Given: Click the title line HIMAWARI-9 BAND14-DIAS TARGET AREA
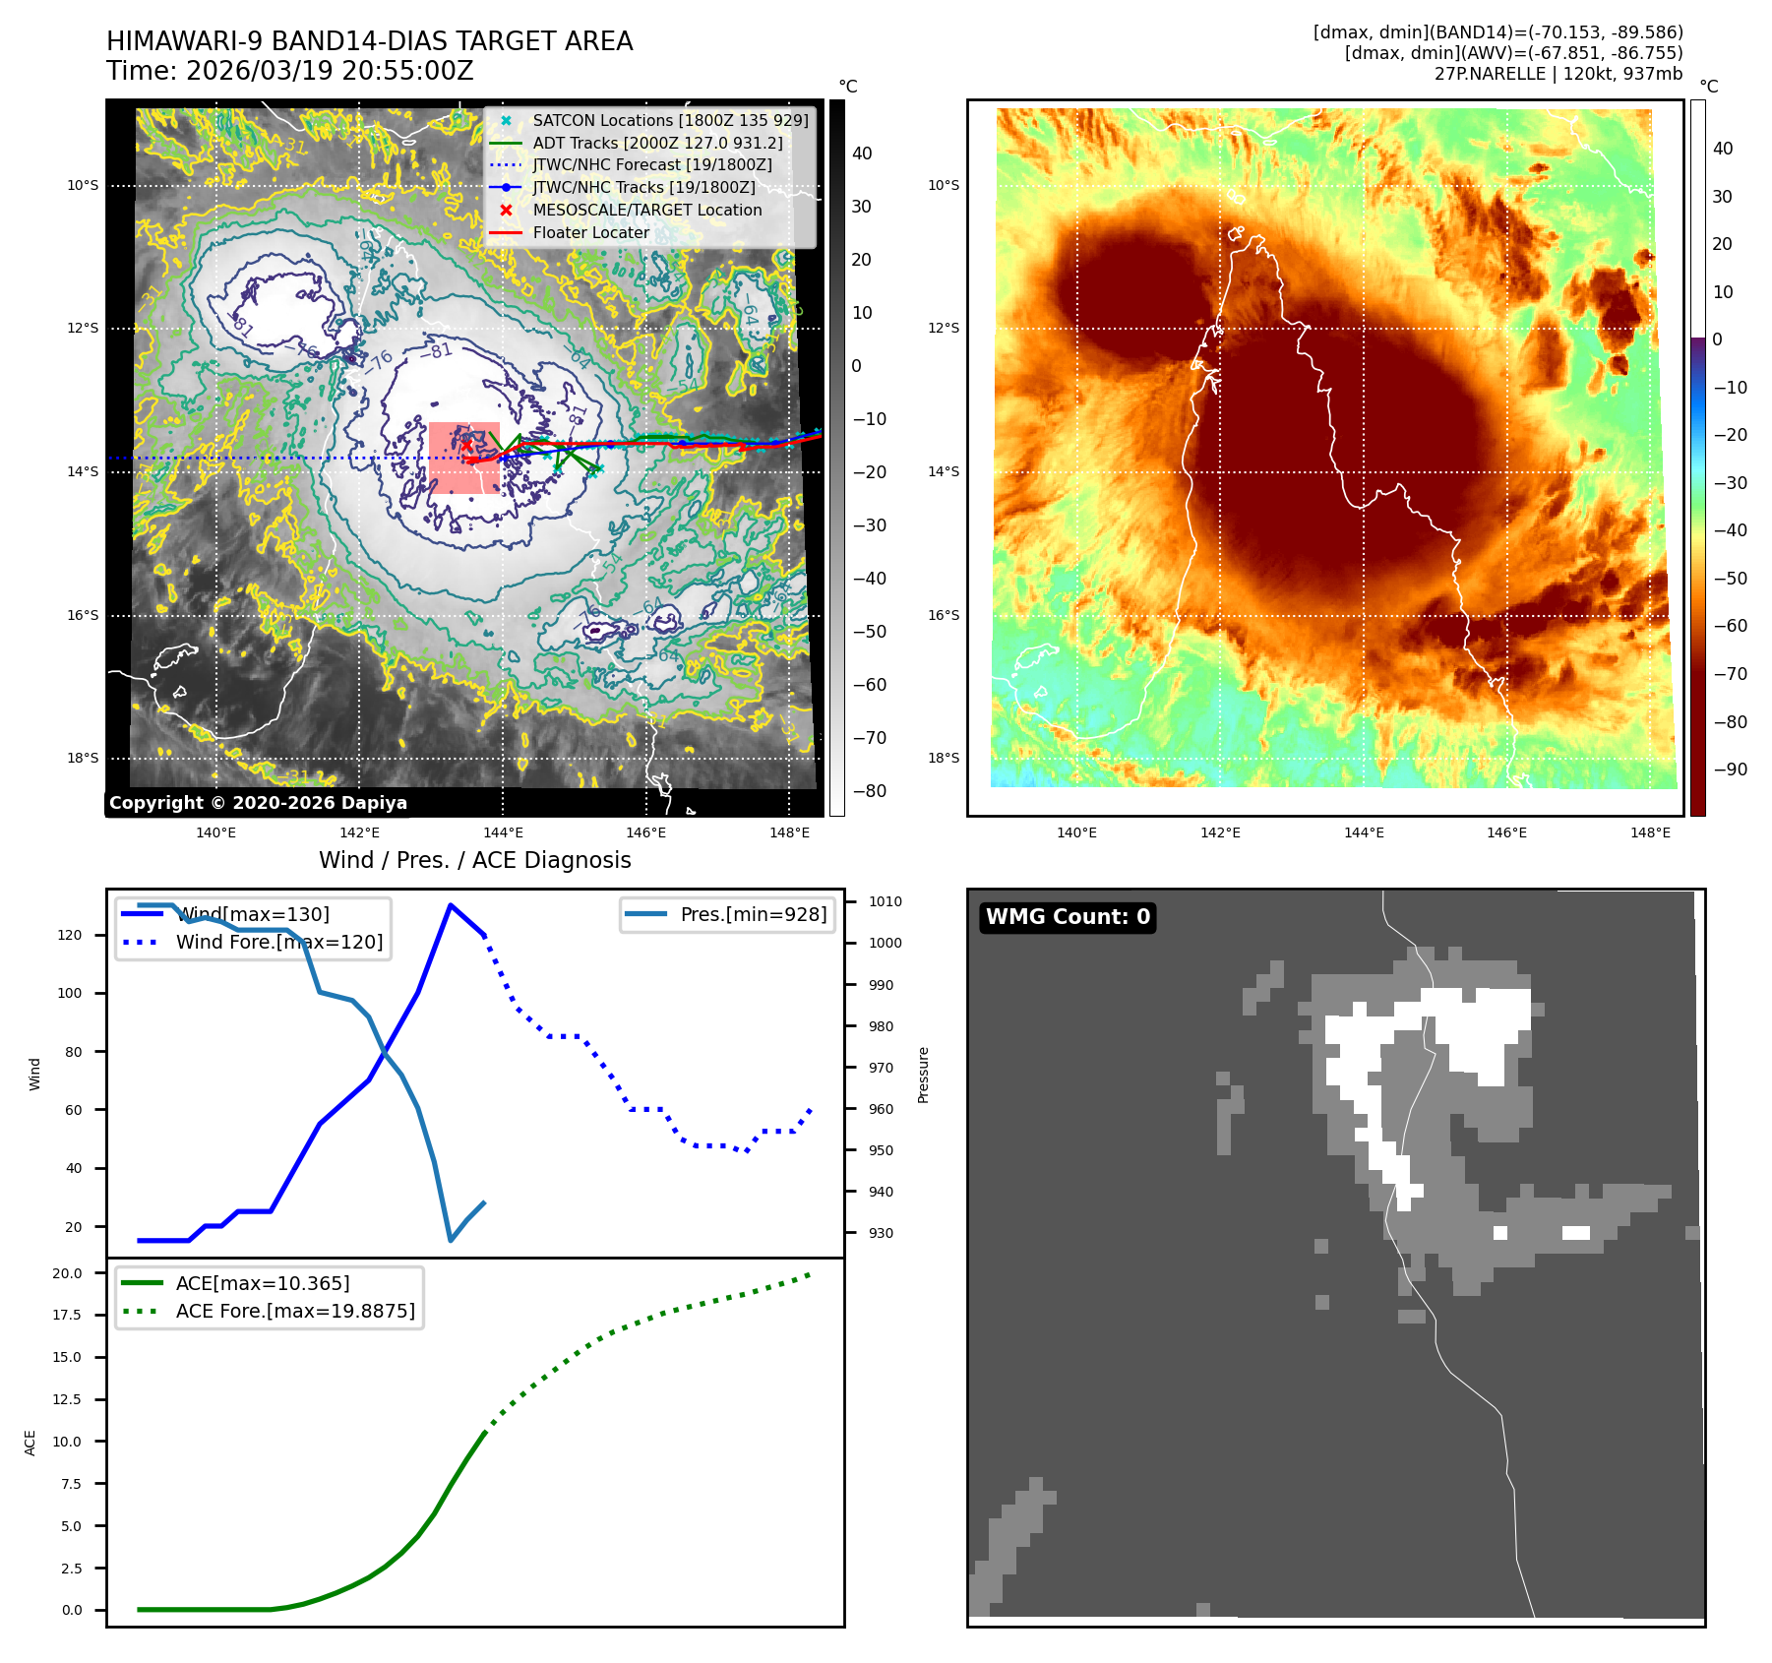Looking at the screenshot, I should (x=369, y=41).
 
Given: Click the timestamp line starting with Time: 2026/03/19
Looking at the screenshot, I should (x=289, y=72).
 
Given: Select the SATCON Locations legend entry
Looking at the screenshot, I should (x=670, y=120).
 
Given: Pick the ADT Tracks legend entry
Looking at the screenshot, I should (x=657, y=143).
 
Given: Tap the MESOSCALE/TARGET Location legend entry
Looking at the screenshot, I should (x=646, y=210).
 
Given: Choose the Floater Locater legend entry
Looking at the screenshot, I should (x=590, y=232).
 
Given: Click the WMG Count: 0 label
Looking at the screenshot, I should (x=1068, y=917).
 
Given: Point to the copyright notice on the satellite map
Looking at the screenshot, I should (x=258, y=803).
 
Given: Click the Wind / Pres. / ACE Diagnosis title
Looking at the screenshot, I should (x=474, y=860).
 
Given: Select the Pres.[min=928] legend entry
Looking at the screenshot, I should (x=753, y=914).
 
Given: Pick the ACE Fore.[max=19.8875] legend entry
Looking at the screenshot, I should (x=295, y=1311).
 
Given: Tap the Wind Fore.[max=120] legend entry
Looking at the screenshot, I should (x=278, y=942).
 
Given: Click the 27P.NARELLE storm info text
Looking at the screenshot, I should (x=1558, y=74).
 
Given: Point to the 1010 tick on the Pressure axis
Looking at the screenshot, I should (x=885, y=901).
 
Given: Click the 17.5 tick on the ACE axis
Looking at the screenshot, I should (x=67, y=1315).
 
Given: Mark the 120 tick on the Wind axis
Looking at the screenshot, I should (x=70, y=935).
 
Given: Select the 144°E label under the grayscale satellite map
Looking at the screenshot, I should (x=503, y=832).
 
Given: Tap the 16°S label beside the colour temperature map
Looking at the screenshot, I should (x=944, y=615).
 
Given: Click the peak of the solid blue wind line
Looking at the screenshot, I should (x=451, y=905).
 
